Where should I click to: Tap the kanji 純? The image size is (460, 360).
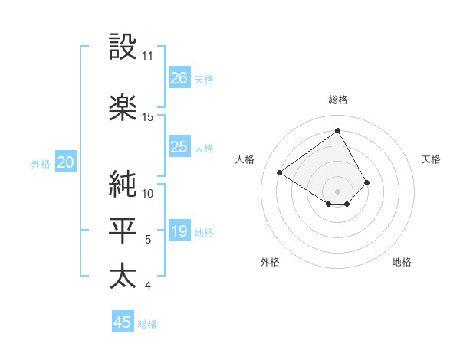point(123,183)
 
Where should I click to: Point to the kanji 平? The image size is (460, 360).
point(123,231)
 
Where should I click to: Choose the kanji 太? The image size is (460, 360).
point(123,276)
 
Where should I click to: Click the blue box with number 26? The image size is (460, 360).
point(179,77)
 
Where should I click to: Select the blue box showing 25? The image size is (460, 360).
point(179,147)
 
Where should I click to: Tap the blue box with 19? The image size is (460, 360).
point(179,232)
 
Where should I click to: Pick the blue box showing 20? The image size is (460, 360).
point(66,162)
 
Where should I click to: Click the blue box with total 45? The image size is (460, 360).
point(123,322)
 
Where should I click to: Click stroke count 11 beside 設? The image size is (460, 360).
point(147,56)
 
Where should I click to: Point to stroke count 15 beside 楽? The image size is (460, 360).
point(147,117)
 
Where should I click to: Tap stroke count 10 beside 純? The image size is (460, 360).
point(147,193)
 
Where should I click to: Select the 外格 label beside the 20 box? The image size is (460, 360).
point(40,163)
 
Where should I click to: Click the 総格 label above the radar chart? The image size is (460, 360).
point(338,100)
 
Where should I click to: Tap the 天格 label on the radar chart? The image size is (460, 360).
point(432,159)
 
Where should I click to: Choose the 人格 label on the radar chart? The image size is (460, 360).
point(245,159)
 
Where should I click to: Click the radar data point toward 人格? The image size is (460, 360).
point(281,172)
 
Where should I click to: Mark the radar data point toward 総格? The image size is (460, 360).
point(338,130)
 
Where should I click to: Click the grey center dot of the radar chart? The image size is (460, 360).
point(338,191)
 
